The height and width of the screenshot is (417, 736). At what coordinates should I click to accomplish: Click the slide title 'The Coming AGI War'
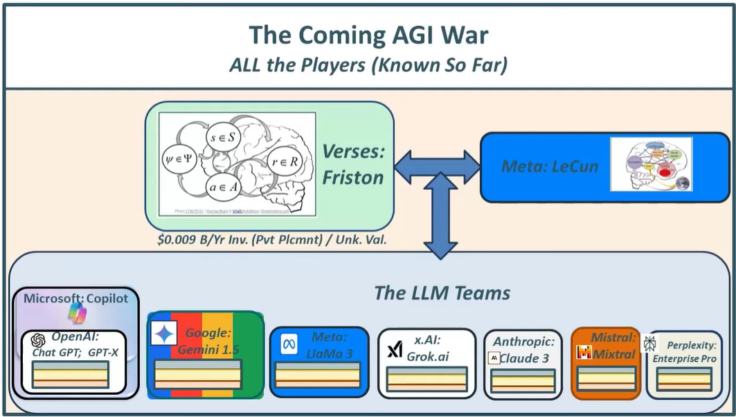tap(368, 35)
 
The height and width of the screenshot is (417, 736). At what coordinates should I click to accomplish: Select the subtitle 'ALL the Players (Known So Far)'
tap(368, 66)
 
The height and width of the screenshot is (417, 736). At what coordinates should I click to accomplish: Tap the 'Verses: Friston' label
tap(352, 164)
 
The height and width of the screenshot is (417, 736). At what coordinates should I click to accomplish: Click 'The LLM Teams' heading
tap(442, 292)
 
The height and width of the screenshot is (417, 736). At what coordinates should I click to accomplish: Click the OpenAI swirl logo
tap(39, 340)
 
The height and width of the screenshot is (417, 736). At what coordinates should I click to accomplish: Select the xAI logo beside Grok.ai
tap(395, 350)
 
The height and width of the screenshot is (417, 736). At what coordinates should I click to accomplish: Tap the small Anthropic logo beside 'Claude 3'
tap(494, 358)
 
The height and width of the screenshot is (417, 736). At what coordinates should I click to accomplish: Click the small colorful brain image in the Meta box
tap(651, 164)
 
